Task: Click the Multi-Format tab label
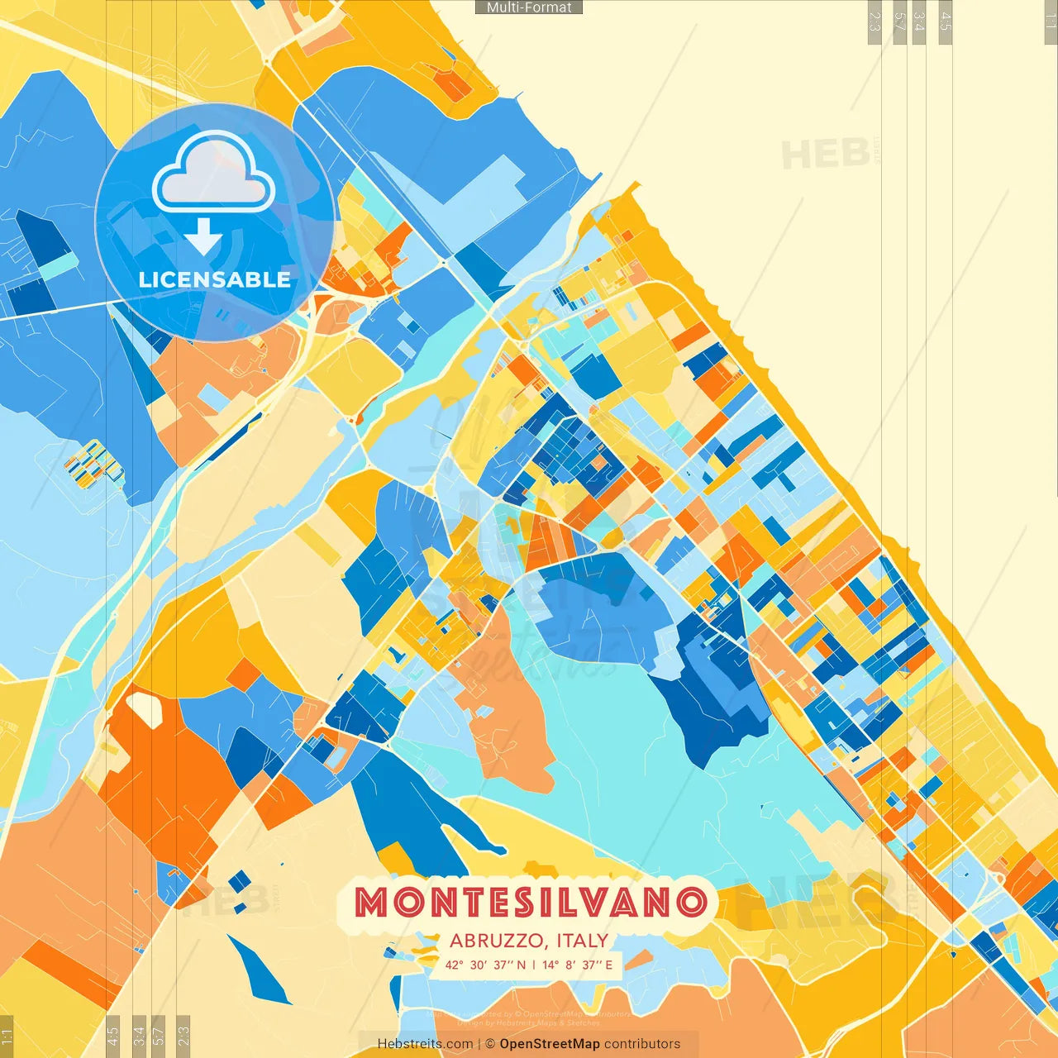point(529,7)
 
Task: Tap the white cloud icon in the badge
point(213,174)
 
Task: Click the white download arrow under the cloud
point(203,236)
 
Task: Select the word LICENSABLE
point(214,279)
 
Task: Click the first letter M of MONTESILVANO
point(371,903)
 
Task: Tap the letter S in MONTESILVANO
point(521,903)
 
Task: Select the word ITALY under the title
point(583,941)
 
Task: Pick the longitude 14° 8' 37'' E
point(578,965)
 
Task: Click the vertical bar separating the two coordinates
point(533,965)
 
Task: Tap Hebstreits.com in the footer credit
point(425,1044)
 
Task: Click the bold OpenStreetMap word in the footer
point(550,1044)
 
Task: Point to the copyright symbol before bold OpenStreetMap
point(490,1044)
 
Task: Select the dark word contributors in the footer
point(642,1044)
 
